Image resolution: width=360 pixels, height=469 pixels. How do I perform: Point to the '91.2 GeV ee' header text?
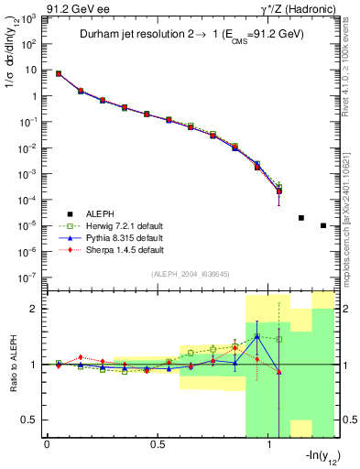[x=73, y=8]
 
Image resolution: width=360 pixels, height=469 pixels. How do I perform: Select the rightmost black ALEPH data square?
[x=323, y=225]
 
